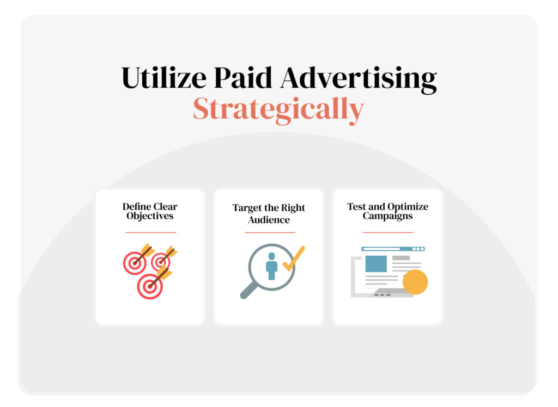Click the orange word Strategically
278,109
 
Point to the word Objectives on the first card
150,216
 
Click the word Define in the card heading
136,207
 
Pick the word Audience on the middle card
269,220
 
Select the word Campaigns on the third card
387,216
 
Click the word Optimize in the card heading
408,207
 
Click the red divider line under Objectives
150,232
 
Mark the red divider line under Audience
269,232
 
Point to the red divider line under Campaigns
387,232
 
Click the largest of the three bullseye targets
150,286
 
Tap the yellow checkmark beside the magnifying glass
294,258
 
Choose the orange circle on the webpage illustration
415,282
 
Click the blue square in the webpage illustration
376,263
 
